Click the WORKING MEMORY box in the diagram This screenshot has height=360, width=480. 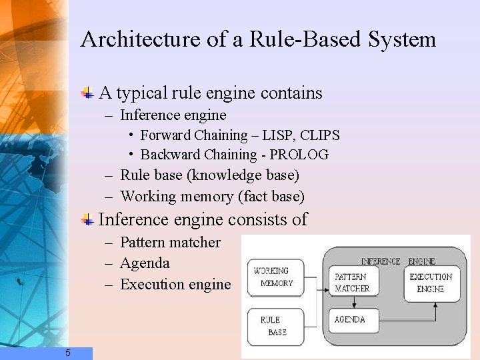tap(275, 277)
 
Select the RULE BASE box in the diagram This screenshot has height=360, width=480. tap(275, 326)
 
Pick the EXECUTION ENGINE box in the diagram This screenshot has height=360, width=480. tap(431, 283)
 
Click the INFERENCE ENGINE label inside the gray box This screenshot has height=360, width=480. tap(398, 261)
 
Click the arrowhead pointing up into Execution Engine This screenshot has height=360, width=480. tap(435, 305)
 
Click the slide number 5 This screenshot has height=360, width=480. tap(68, 353)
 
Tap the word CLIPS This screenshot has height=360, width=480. tap(319, 135)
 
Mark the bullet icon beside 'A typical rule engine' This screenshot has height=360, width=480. tap(87, 93)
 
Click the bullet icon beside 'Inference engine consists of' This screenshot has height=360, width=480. tap(87, 219)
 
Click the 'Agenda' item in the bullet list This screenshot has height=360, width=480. tap(145, 263)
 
